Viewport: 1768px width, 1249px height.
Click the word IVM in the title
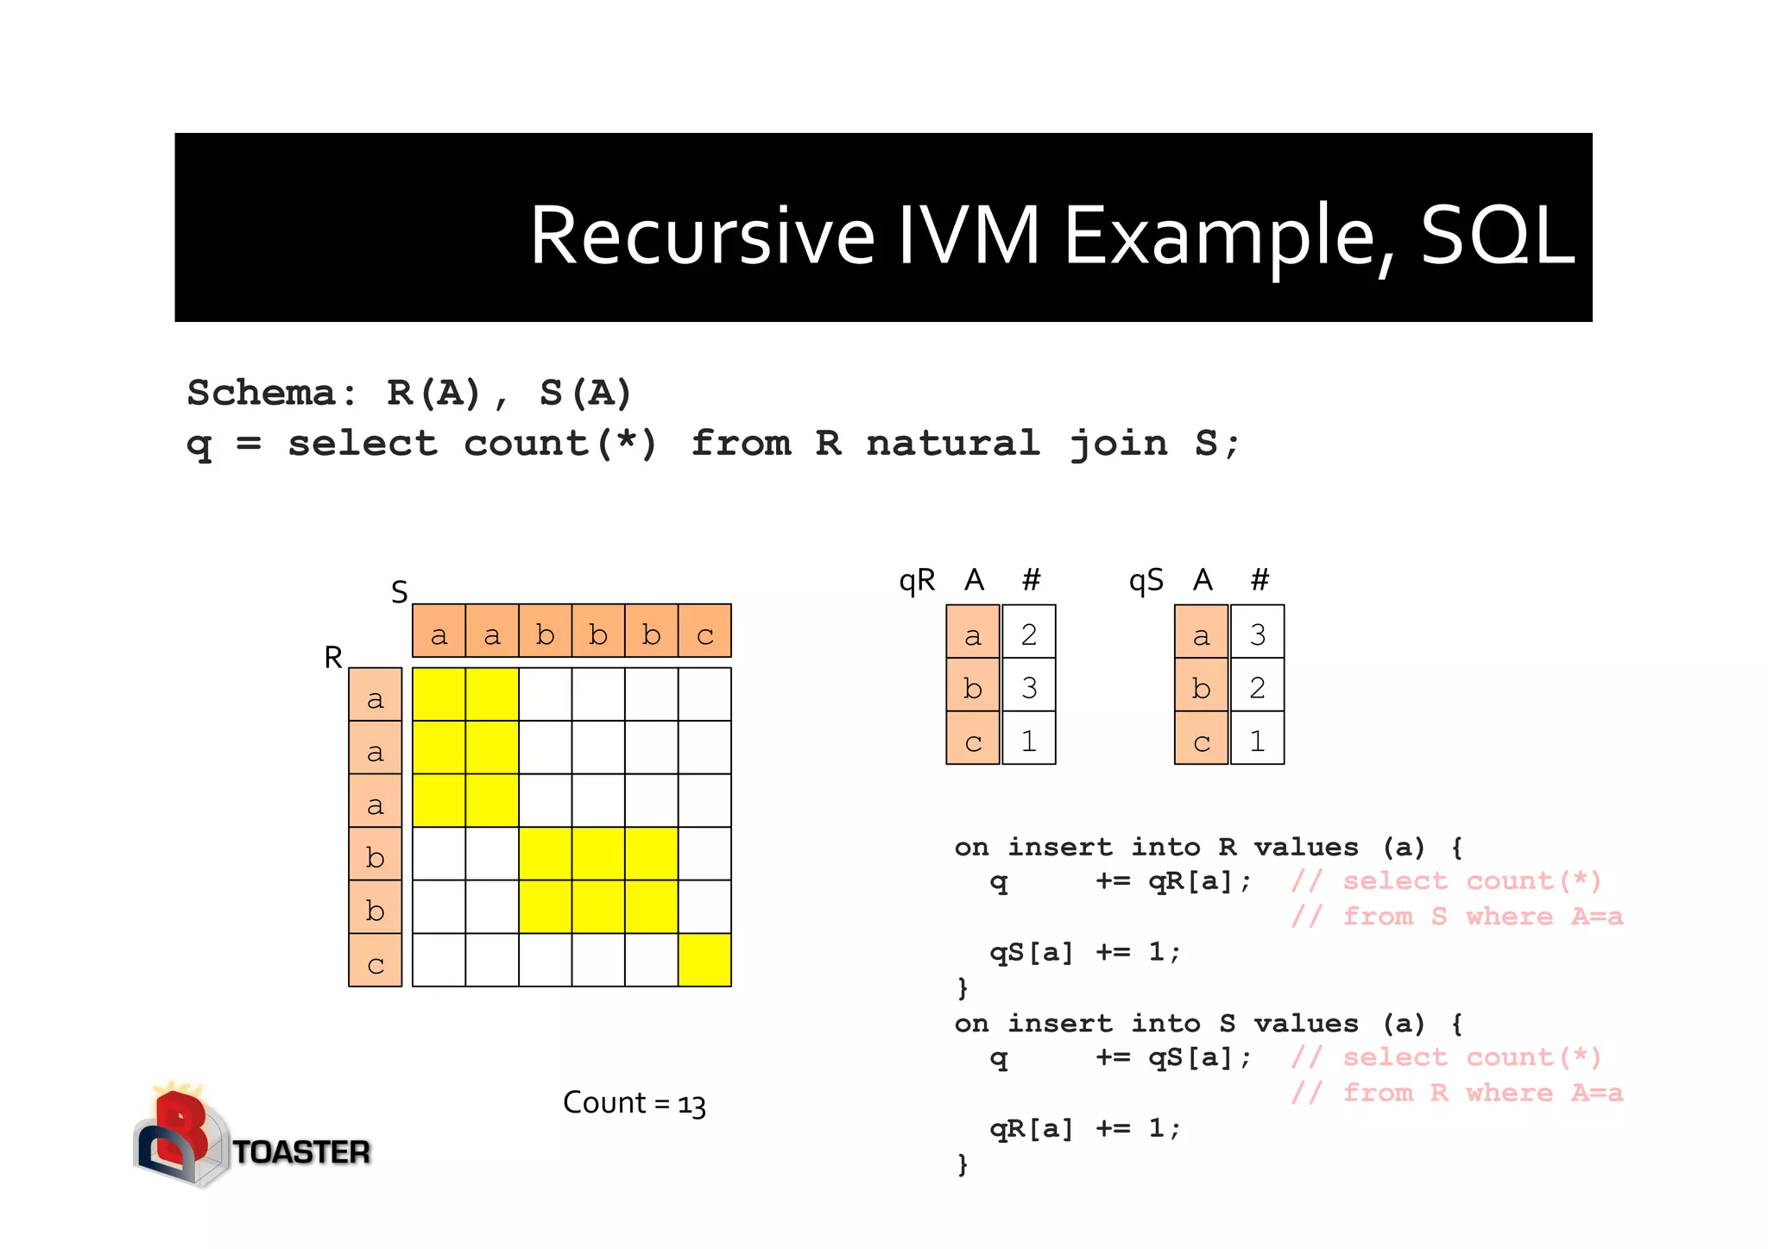(969, 235)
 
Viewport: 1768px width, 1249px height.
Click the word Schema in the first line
(261, 393)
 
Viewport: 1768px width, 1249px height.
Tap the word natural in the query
(953, 444)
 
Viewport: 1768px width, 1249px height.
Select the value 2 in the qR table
(1028, 634)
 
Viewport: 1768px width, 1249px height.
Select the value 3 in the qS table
(1257, 634)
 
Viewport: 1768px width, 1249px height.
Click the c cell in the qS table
(1201, 741)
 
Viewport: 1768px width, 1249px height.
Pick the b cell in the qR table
(973, 688)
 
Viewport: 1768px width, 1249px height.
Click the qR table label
(917, 581)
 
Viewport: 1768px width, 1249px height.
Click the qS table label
(1146, 581)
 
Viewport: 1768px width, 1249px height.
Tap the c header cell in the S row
(704, 634)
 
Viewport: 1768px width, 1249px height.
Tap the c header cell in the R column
(375, 962)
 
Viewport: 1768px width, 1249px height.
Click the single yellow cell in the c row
(704, 960)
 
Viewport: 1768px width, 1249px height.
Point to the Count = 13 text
(634, 1103)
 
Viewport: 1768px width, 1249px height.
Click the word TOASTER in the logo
(301, 1152)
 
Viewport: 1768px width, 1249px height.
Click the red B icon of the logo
(181, 1126)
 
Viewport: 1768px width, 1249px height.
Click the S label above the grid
(399, 592)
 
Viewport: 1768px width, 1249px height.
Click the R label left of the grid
(333, 658)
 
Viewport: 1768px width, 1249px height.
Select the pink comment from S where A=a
(1456, 917)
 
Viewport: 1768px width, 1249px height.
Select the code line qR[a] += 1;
(1083, 1128)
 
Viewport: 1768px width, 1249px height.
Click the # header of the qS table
(1260, 579)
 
